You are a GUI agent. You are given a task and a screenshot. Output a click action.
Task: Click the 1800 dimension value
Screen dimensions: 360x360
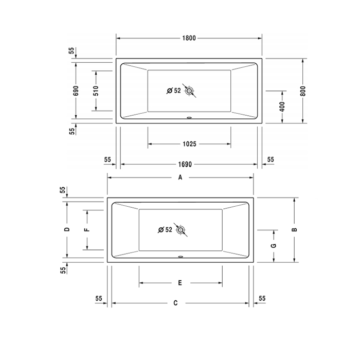click(x=189, y=38)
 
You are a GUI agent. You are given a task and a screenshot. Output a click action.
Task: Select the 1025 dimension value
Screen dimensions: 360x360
click(x=189, y=144)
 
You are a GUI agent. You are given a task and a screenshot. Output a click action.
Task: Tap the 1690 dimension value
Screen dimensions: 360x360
click(x=185, y=165)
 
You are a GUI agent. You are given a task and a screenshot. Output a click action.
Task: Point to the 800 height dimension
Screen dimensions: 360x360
click(x=303, y=91)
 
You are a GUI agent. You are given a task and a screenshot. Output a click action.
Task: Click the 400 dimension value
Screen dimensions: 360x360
click(x=282, y=106)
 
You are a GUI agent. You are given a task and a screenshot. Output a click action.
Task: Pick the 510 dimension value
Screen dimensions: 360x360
click(x=96, y=91)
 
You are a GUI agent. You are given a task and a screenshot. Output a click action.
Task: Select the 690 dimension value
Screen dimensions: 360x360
click(x=76, y=91)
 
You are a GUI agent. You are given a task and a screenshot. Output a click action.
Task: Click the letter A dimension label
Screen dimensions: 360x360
click(x=180, y=177)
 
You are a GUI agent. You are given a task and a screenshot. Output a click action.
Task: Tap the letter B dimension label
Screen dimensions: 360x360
click(x=294, y=229)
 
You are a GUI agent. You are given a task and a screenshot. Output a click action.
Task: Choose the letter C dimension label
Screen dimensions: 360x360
click(x=176, y=303)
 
